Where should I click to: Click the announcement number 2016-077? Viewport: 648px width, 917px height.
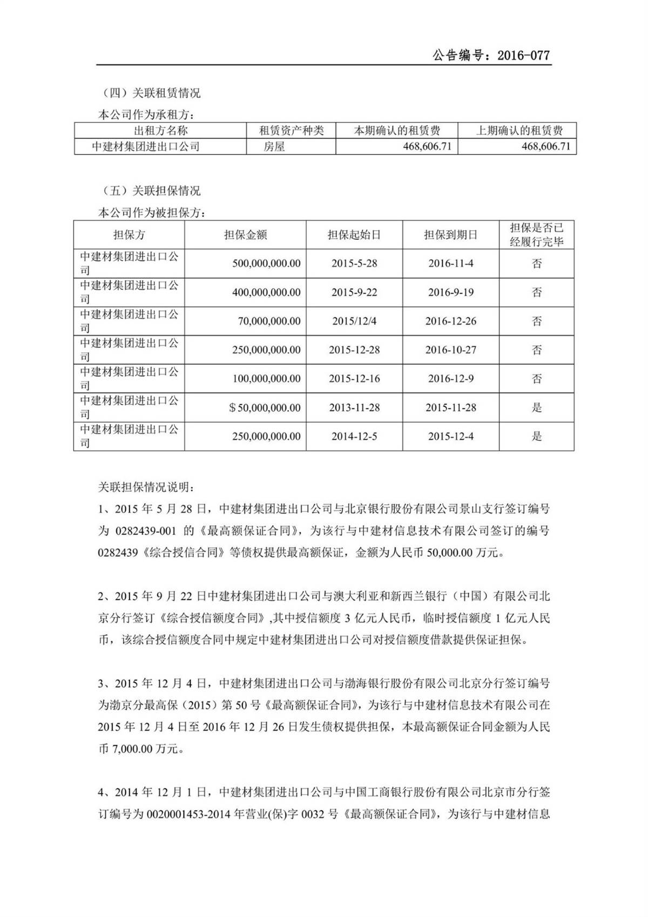(x=523, y=55)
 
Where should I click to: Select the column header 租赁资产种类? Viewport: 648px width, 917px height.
(x=291, y=130)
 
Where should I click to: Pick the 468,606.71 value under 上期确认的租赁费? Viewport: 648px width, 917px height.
(x=546, y=146)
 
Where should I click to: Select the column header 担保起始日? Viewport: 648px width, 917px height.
(x=354, y=235)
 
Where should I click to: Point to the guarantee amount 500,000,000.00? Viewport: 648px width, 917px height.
(x=266, y=264)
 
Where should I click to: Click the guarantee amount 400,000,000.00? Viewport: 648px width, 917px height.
(x=266, y=292)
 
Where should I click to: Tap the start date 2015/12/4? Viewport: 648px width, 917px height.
(x=354, y=322)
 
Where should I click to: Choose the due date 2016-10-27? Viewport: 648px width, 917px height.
(x=451, y=350)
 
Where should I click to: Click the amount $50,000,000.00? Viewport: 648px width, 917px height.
(x=265, y=408)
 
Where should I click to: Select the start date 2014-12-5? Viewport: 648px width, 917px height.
(x=354, y=437)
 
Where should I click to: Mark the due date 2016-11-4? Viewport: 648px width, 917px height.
(x=451, y=264)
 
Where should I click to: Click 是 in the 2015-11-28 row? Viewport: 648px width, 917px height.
(x=537, y=408)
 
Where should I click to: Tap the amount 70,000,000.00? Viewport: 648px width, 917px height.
(x=269, y=322)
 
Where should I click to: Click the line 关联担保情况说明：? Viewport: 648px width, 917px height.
(x=144, y=487)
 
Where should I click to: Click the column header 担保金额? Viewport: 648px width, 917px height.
(x=245, y=235)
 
